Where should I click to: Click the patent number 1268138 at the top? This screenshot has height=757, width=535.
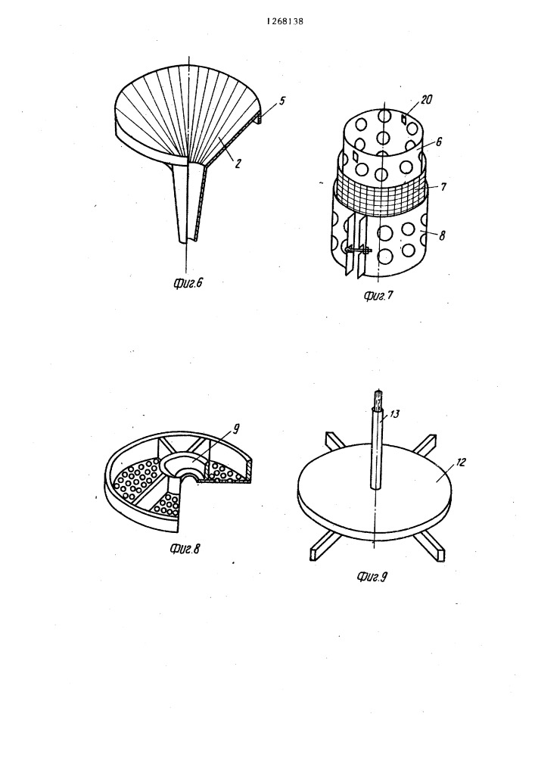[285, 22]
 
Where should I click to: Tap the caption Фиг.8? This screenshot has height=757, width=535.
[185, 548]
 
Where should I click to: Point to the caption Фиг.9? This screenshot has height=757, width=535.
[372, 576]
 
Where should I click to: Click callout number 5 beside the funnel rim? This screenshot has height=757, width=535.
[282, 101]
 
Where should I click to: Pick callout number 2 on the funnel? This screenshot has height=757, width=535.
[238, 164]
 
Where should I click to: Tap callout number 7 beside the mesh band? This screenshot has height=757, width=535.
[443, 186]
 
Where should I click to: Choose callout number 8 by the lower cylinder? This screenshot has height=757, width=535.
[443, 235]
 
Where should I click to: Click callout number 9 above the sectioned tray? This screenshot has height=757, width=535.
[235, 428]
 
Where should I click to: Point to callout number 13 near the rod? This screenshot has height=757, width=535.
[394, 414]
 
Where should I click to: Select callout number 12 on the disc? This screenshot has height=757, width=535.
[461, 463]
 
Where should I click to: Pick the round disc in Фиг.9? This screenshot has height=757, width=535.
[375, 488]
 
